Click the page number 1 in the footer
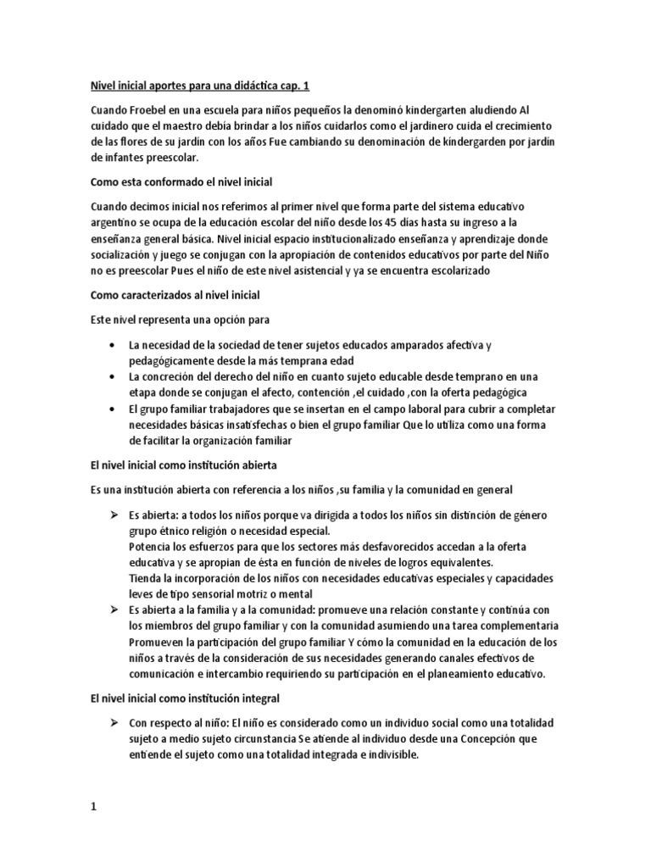(94, 808)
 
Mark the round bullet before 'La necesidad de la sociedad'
(114, 345)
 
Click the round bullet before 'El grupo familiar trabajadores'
(114, 409)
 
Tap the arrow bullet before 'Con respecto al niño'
(114, 723)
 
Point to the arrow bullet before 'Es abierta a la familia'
(114, 610)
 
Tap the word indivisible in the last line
(390, 755)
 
